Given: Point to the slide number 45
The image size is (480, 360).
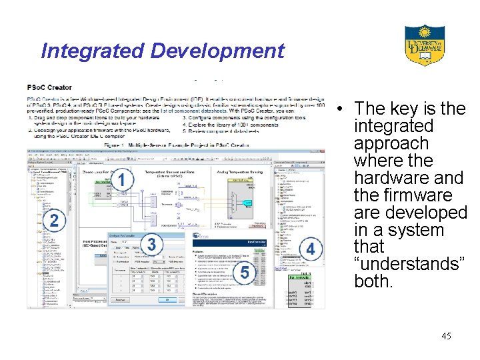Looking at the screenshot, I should point(446,336).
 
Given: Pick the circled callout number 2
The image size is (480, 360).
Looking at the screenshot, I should point(55,221).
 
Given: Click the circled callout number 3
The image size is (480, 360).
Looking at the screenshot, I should point(152,244).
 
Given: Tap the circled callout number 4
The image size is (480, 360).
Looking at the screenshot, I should point(309,249).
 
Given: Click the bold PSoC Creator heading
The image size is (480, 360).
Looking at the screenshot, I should point(49,87).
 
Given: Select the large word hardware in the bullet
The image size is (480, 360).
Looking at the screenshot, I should point(389,179).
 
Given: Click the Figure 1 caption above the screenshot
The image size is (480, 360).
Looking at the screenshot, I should point(176,143).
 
